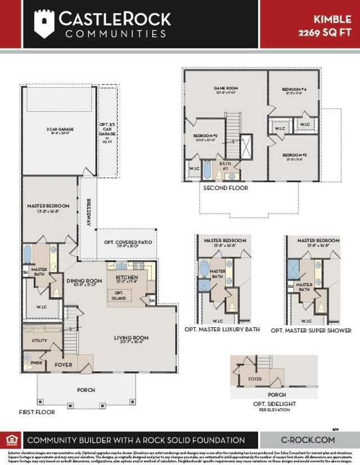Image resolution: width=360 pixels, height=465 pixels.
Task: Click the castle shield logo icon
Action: pos(44,24)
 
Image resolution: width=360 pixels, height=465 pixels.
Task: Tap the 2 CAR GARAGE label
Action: pos(60,129)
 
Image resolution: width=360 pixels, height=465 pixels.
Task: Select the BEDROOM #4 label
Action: pos(294,89)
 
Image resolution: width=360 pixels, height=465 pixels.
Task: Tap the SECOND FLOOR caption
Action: pos(225,188)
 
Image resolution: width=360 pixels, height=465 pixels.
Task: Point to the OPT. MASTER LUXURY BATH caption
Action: pos(222,329)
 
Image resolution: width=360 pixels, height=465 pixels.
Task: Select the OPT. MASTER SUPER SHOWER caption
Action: pos(311,331)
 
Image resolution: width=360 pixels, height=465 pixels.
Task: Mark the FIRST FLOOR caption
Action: pos(38,412)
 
